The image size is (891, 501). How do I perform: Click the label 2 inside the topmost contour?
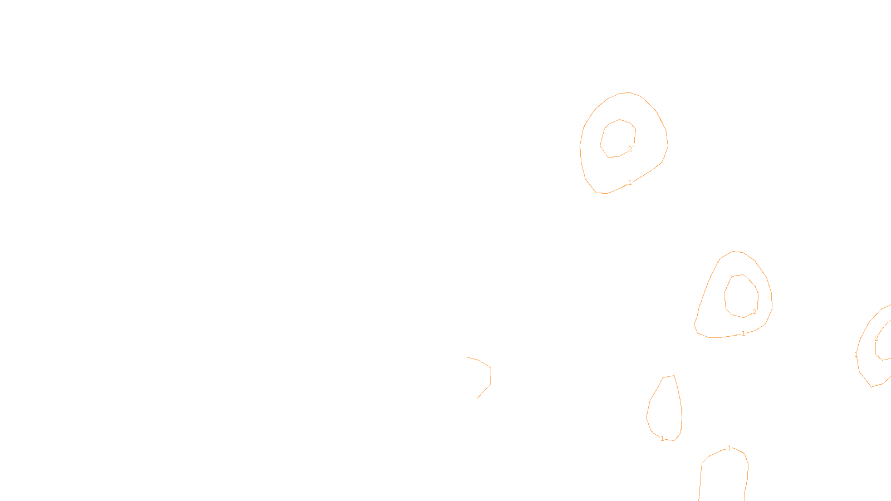630,149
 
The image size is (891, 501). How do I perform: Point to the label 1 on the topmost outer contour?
630,183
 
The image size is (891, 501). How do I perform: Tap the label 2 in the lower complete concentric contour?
755,312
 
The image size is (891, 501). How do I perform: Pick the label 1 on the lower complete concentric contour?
743,333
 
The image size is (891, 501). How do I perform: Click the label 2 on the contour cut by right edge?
876,338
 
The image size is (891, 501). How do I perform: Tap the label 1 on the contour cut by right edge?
856,355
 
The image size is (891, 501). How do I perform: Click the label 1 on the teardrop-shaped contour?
662,439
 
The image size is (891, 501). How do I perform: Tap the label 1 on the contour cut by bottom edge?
730,448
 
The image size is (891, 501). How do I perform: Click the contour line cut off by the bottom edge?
701,479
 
